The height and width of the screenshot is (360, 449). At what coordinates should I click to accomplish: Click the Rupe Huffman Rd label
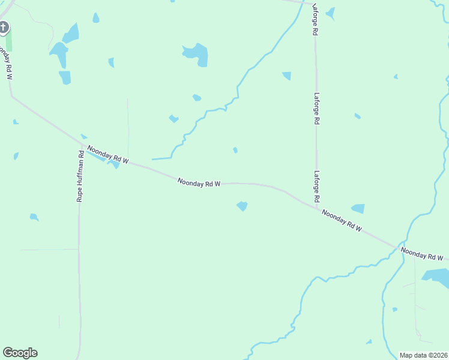point(79,175)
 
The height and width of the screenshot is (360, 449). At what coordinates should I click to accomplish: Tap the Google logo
point(20,353)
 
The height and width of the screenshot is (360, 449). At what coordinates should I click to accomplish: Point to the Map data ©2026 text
point(423,355)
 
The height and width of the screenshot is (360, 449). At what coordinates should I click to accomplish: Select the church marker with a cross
point(4,27)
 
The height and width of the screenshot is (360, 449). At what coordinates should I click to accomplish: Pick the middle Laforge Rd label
point(316,107)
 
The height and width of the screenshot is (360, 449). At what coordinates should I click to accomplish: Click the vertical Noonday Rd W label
point(7,62)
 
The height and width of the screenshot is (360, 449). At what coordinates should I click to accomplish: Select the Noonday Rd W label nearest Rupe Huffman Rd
point(108,155)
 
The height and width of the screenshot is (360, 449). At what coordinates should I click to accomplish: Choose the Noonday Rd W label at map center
point(199,182)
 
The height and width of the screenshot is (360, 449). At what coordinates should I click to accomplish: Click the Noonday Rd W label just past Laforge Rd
point(342,220)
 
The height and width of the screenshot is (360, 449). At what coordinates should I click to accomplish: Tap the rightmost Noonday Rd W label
point(422,254)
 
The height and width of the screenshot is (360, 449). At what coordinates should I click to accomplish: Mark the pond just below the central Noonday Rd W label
point(242,206)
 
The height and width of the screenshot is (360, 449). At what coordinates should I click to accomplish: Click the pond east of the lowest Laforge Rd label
point(358,209)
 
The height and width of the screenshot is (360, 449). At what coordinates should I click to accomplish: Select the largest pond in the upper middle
point(196,53)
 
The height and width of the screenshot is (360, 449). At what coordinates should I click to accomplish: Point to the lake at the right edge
point(437,276)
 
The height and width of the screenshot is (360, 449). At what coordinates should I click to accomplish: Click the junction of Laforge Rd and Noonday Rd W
point(316,208)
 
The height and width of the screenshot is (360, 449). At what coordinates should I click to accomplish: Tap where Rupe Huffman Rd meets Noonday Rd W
point(80,145)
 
